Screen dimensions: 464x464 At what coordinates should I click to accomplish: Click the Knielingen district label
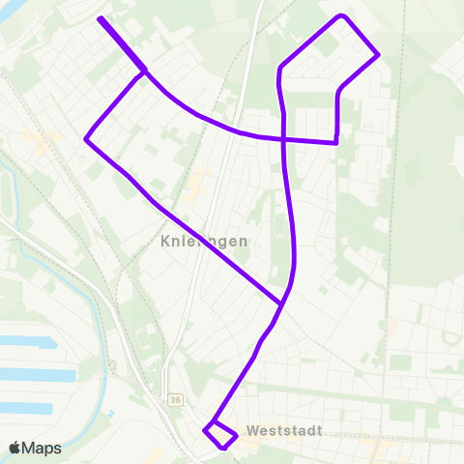(x=204, y=242)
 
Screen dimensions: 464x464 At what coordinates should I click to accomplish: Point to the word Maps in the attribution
(x=42, y=449)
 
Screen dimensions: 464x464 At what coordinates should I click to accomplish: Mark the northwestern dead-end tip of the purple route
(x=101, y=18)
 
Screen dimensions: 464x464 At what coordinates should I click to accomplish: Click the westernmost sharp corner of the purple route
(x=87, y=139)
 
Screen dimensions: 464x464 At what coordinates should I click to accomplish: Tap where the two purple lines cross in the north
(x=283, y=139)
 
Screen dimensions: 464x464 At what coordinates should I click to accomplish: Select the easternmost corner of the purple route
(x=378, y=54)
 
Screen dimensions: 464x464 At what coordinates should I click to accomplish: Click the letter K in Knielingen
(x=165, y=242)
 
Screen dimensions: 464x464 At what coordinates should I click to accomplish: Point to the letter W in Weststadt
(x=252, y=429)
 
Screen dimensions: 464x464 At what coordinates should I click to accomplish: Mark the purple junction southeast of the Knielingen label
(x=281, y=304)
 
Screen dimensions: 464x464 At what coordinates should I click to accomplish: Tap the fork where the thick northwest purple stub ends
(x=145, y=71)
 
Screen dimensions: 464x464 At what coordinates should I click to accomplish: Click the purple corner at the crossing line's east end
(x=335, y=142)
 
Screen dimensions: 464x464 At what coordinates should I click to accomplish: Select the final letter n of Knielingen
(x=243, y=242)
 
